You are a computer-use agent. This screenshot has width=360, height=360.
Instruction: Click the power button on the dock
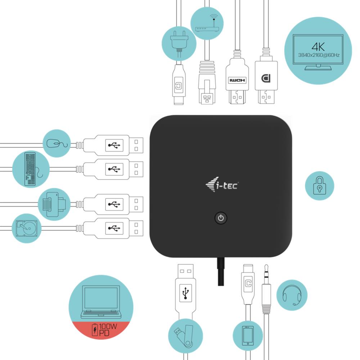click(x=221, y=218)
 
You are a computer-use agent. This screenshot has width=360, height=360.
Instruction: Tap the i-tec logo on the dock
click(x=221, y=185)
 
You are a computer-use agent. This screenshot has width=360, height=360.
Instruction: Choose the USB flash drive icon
click(x=183, y=336)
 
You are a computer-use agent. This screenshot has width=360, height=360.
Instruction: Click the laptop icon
click(x=100, y=302)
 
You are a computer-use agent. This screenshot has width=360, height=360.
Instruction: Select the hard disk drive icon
click(x=26, y=228)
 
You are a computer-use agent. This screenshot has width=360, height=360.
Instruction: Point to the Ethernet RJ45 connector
click(x=207, y=83)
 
